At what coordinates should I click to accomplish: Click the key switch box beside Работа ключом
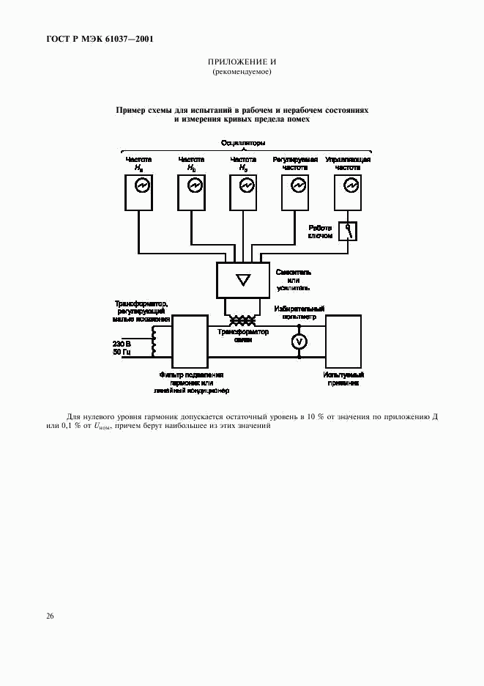348,232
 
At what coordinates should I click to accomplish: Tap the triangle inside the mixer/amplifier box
243,279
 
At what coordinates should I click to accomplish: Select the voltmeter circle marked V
299,342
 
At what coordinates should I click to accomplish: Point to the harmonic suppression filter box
190,341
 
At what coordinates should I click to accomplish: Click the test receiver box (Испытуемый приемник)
343,341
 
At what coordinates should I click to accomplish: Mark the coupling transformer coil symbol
242,321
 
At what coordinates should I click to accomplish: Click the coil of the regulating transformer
154,342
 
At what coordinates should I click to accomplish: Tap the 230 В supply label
122,343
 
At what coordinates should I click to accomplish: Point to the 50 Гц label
122,353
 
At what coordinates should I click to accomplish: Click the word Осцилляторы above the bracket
242,142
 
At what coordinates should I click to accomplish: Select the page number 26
50,616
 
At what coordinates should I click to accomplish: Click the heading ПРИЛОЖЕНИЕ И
242,62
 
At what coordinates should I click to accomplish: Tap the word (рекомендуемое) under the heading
242,72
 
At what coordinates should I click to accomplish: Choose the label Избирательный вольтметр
299,313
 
